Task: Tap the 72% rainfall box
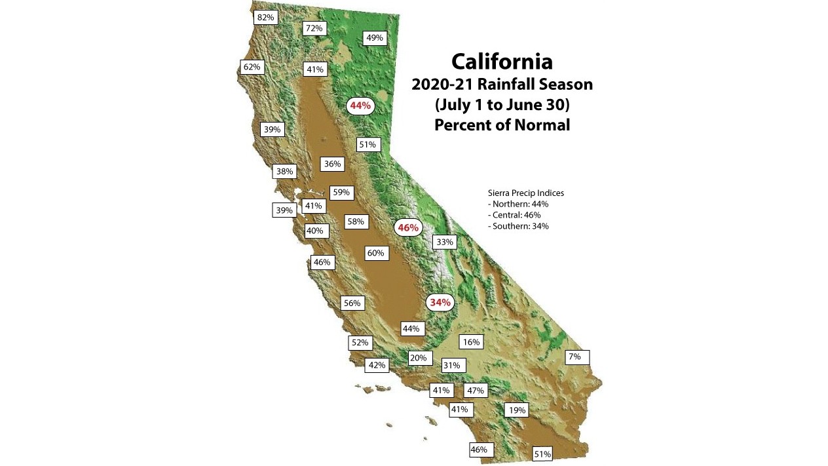314,28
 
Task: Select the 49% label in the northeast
374,38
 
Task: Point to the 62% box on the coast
252,67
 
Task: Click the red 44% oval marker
360,106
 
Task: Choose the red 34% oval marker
440,303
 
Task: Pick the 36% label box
332,164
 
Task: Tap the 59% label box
341,193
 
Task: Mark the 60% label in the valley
375,253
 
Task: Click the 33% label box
444,242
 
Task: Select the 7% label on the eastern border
576,357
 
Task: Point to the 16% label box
471,342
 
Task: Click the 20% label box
418,358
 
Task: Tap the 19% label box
517,411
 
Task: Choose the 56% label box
352,303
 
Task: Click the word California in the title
502,62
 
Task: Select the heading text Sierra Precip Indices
526,193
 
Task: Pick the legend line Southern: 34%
518,226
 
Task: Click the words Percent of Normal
502,125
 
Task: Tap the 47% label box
475,391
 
